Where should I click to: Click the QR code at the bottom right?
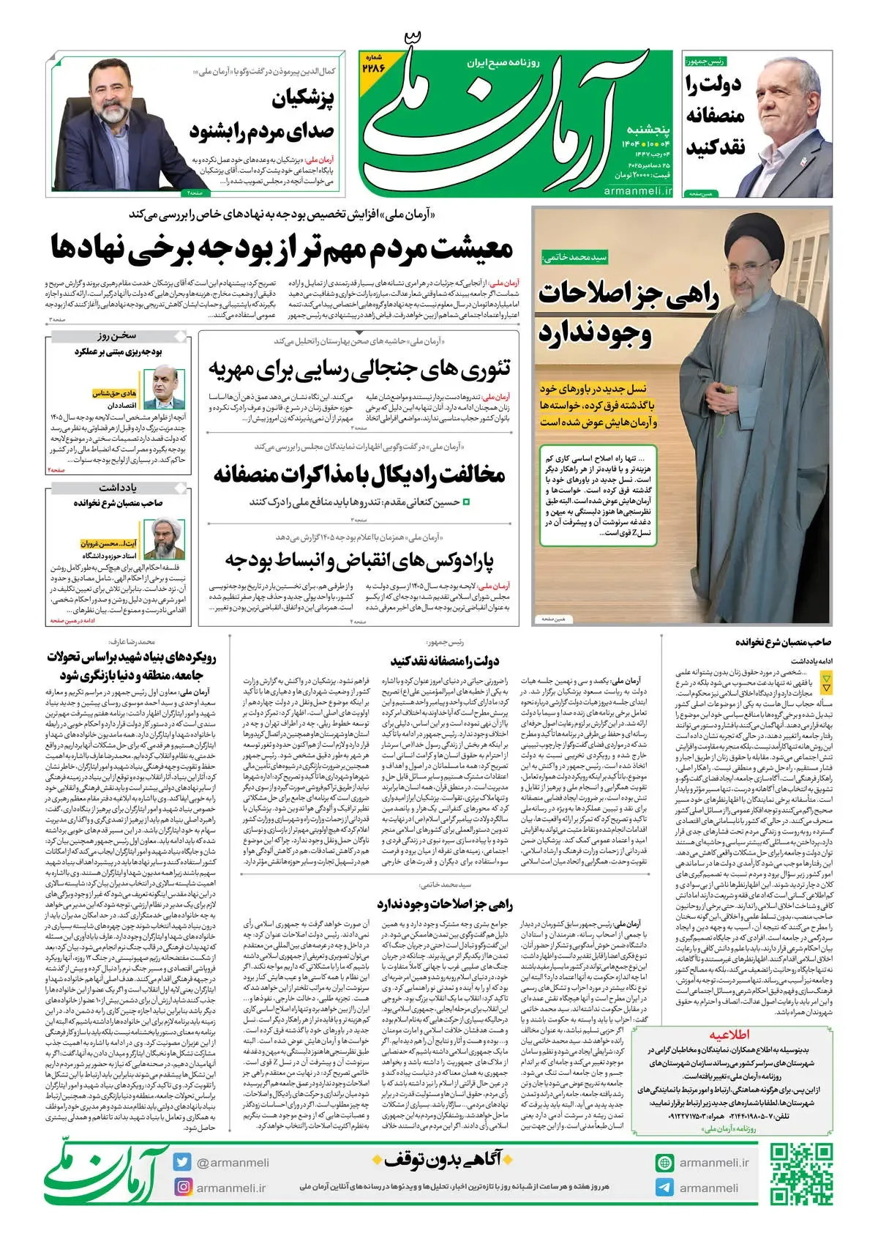[801, 1174]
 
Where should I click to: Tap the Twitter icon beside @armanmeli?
[183, 1162]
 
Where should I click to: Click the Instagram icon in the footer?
[183, 1188]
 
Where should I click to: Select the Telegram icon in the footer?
[665, 1188]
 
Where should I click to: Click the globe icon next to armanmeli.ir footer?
[665, 1162]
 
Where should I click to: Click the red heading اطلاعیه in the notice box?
[729, 1035]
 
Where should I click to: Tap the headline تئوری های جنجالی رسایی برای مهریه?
[359, 368]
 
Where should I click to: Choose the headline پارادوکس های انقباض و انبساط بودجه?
[359, 561]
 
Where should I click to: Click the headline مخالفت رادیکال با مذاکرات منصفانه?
[359, 474]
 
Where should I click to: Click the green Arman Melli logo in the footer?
[107, 1174]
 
